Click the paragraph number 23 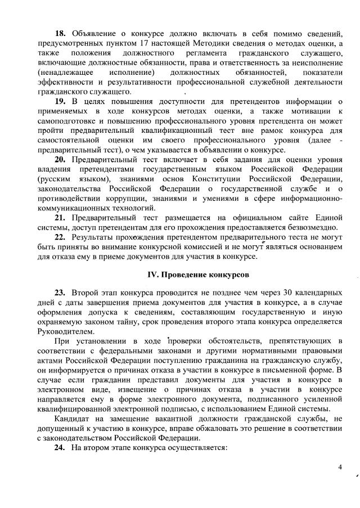pos(61,293)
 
